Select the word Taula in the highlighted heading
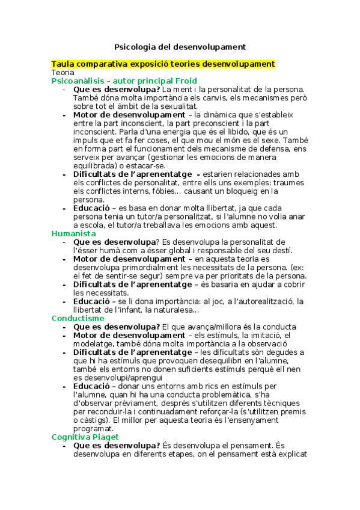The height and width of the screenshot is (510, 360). pos(64,64)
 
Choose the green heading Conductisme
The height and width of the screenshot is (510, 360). pos(78,318)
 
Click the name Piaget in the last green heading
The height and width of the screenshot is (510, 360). pos(106,437)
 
